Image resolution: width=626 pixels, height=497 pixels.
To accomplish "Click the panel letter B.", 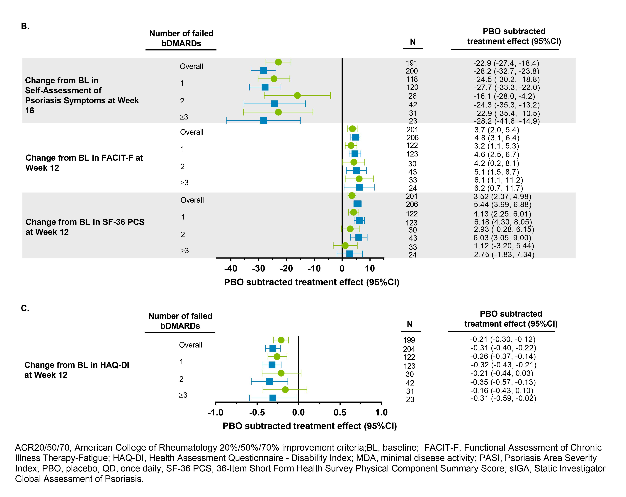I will (x=25, y=26).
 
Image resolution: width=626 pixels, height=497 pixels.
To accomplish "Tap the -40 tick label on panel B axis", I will (x=231, y=269).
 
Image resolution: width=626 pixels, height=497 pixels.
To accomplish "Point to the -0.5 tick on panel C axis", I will (x=257, y=412).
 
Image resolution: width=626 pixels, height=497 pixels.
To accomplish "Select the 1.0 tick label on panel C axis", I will (x=381, y=412).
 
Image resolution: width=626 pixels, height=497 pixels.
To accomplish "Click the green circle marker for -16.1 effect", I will (x=297, y=95).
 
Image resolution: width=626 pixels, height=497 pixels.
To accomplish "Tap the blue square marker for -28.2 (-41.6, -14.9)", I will (x=264, y=120).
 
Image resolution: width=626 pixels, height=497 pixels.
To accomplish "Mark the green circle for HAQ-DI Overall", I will (x=281, y=340).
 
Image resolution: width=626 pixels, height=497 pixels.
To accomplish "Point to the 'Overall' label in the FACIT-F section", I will (x=192, y=132).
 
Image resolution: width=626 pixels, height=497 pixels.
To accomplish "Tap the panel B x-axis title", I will (x=312, y=282).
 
